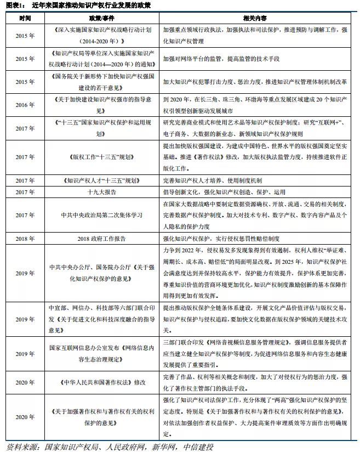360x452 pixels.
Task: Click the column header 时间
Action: point(25,18)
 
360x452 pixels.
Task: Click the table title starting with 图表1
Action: point(77,5)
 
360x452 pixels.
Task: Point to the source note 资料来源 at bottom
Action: point(110,445)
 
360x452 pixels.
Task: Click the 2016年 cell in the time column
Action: point(25,105)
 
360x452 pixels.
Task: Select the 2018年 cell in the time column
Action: point(25,239)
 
